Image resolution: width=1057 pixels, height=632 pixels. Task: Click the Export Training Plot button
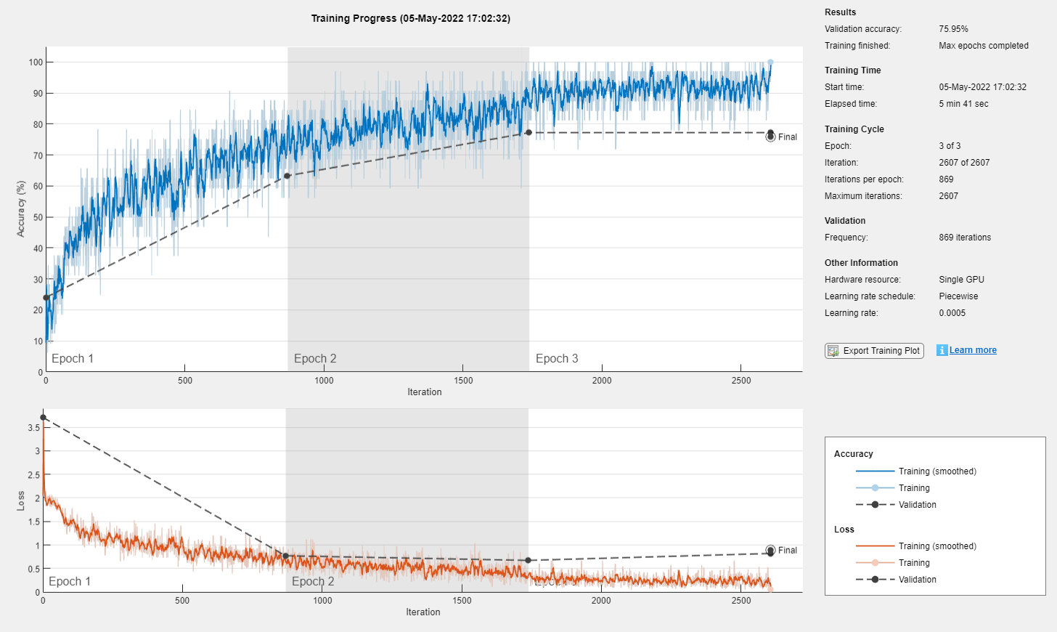coord(874,351)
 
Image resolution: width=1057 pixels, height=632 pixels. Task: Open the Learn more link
coord(973,350)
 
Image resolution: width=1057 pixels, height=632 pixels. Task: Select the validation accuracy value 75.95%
coord(953,29)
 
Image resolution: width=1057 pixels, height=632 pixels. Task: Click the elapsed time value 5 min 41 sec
coord(963,104)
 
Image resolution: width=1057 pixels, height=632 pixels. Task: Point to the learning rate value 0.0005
coord(952,313)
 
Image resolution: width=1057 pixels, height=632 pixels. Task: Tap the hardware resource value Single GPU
coord(961,280)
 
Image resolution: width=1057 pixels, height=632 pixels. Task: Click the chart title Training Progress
coord(410,18)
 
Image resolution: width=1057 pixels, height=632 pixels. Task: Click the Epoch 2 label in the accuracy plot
coord(315,359)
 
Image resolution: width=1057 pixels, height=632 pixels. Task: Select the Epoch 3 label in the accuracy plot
coord(557,359)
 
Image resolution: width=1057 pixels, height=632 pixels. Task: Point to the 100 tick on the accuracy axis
coord(36,62)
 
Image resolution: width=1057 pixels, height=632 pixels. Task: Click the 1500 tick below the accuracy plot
coord(463,381)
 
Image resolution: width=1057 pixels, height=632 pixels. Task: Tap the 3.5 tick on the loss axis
coord(33,428)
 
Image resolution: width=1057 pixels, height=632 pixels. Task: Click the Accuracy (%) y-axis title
coord(21,209)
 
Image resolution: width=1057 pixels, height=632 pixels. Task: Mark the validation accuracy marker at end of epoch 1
coord(287,176)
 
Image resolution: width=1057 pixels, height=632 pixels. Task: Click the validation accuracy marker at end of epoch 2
coord(528,132)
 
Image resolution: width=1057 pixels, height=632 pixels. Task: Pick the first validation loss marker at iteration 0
coord(44,418)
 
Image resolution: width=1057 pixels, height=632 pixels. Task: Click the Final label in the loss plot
coord(787,551)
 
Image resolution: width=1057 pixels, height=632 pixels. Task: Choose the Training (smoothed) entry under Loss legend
coord(937,546)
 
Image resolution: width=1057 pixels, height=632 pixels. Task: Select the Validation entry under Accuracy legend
coord(917,505)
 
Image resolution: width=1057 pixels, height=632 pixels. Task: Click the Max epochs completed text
coord(983,46)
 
